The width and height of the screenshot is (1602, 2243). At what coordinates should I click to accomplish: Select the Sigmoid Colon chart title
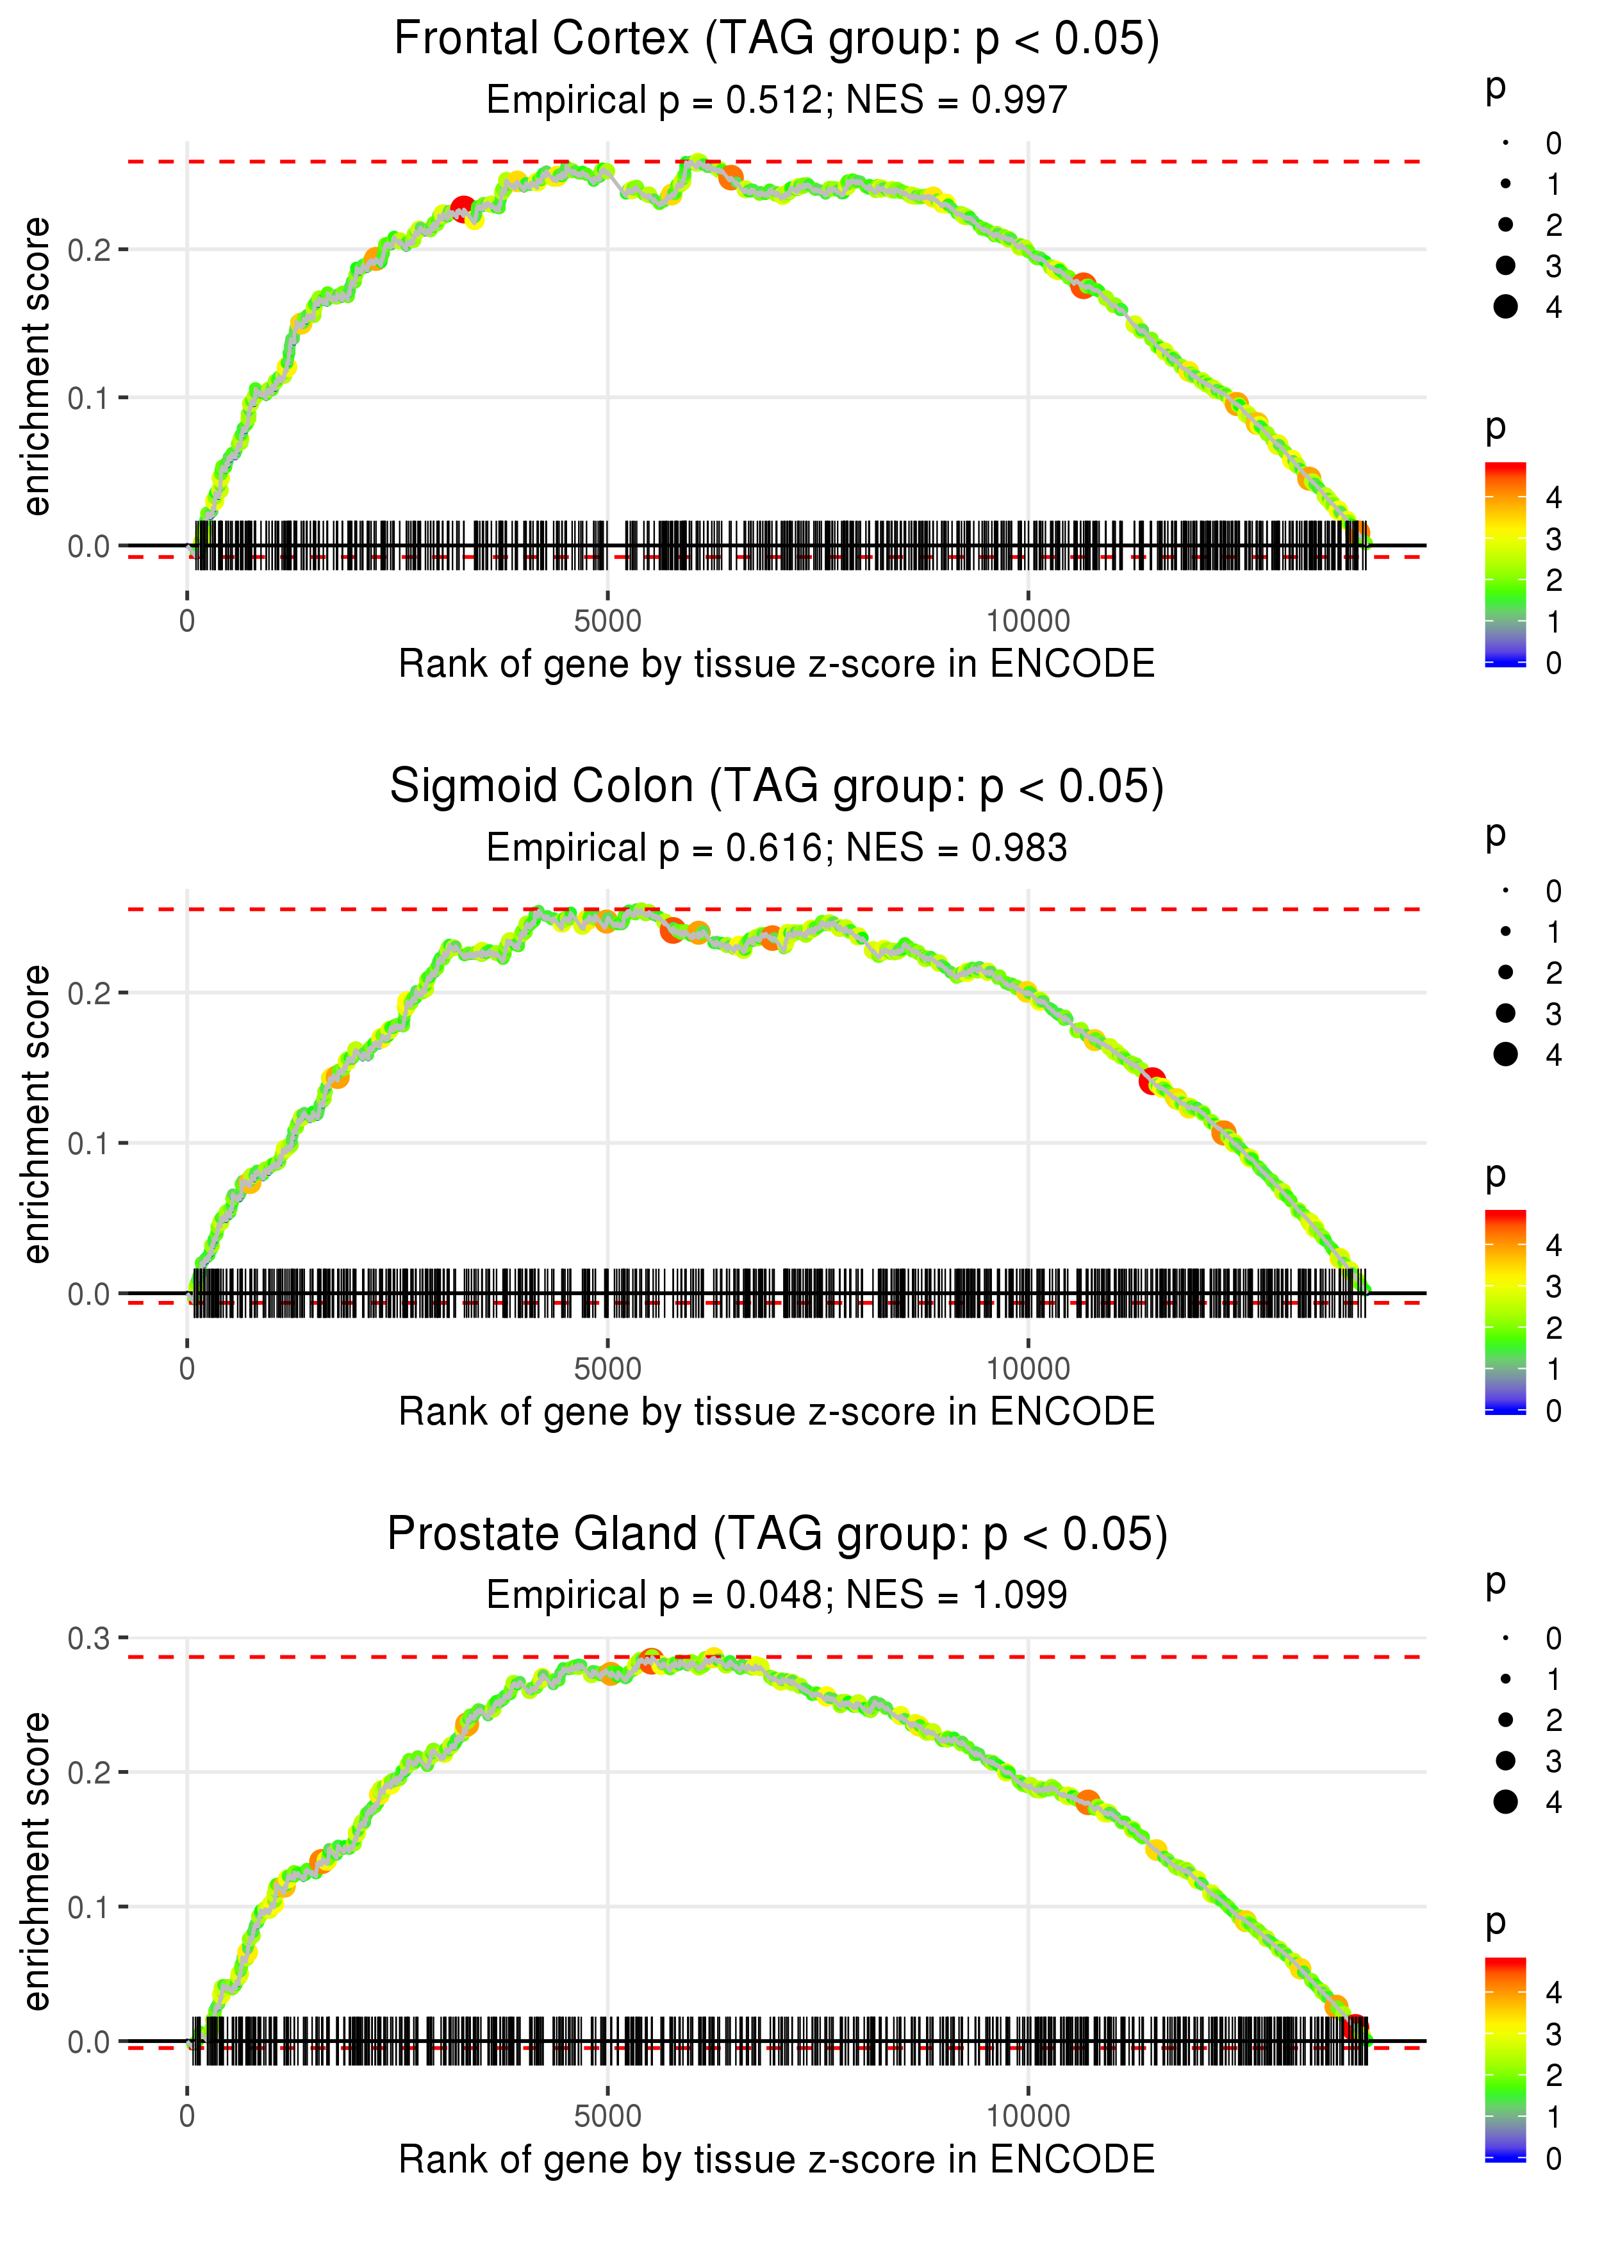[x=777, y=787]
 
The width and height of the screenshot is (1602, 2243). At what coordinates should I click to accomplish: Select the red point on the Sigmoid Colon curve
[x=1151, y=1081]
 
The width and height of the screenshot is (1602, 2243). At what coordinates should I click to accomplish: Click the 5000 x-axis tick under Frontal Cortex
[x=607, y=622]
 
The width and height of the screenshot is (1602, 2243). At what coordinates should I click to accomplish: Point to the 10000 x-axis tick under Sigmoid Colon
[x=1028, y=1369]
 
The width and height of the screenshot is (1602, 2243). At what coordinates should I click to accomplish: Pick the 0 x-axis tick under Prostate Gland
[x=187, y=2117]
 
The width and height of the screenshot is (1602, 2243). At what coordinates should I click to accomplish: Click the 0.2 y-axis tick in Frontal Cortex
[x=89, y=249]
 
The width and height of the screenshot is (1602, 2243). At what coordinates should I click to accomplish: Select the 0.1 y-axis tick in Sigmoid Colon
[x=89, y=1143]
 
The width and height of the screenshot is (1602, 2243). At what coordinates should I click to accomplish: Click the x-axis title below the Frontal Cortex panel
[x=777, y=664]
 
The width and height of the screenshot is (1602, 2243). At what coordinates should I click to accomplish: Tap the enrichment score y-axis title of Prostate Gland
[x=37, y=1861]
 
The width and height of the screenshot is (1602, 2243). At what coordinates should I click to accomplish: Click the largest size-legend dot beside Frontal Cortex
[x=1505, y=307]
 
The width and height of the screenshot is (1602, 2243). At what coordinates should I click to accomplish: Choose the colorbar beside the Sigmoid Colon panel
[x=1505, y=1312]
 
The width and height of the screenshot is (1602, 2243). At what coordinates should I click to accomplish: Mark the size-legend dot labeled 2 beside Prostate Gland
[x=1505, y=1720]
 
